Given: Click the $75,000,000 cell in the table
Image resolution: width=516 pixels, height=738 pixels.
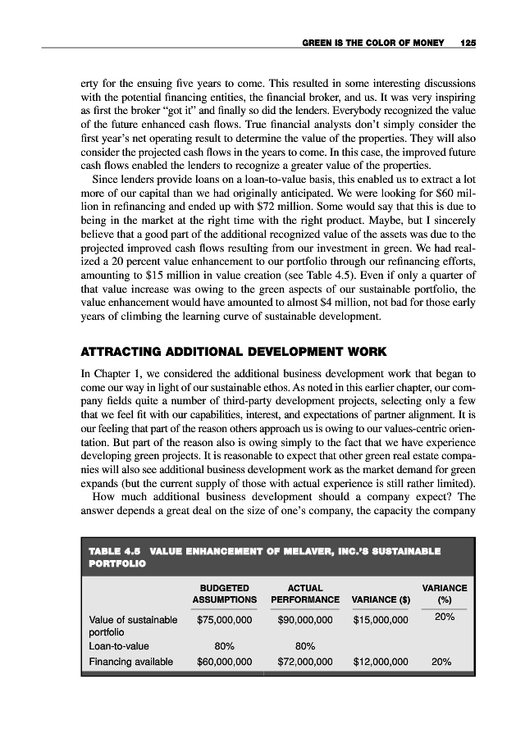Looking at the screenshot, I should click(224, 620).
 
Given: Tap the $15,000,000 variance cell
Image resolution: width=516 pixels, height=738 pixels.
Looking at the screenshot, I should click(381, 620).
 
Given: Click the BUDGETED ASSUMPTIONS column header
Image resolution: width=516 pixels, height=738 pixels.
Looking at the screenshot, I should click(224, 594).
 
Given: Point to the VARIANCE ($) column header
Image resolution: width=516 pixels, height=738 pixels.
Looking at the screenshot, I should click(379, 599).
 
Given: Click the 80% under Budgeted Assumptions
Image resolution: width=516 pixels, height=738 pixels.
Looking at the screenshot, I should click(224, 646).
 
